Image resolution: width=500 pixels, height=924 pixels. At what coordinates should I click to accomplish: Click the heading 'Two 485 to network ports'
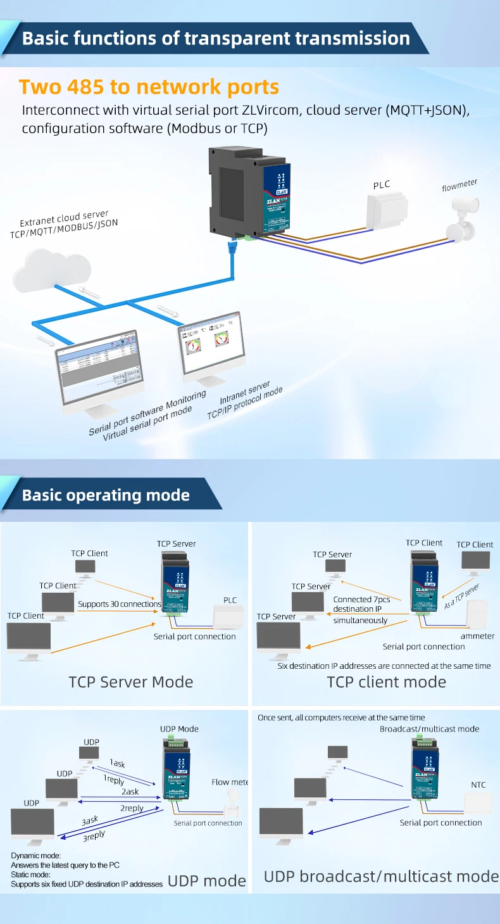click(x=149, y=87)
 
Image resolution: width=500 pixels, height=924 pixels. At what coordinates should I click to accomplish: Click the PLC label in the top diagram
click(x=382, y=185)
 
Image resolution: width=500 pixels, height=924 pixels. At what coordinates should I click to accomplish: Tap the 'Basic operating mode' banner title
click(x=106, y=495)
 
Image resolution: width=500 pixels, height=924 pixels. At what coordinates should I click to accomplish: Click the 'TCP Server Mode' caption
click(x=131, y=682)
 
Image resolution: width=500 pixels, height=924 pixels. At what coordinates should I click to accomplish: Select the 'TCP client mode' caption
click(x=386, y=682)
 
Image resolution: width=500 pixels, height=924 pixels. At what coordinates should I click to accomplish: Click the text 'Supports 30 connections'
click(x=120, y=604)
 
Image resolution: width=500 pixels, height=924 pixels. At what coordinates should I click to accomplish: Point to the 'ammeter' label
click(x=477, y=636)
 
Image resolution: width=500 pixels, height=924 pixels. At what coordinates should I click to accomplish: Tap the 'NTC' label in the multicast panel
click(x=478, y=785)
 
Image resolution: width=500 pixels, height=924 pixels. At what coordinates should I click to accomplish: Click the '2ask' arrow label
click(x=130, y=792)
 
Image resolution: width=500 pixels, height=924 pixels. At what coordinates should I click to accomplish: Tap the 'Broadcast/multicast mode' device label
click(x=429, y=729)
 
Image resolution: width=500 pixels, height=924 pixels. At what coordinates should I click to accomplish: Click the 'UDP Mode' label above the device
click(x=179, y=729)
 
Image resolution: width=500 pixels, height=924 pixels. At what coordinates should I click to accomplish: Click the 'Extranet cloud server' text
click(x=64, y=219)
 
